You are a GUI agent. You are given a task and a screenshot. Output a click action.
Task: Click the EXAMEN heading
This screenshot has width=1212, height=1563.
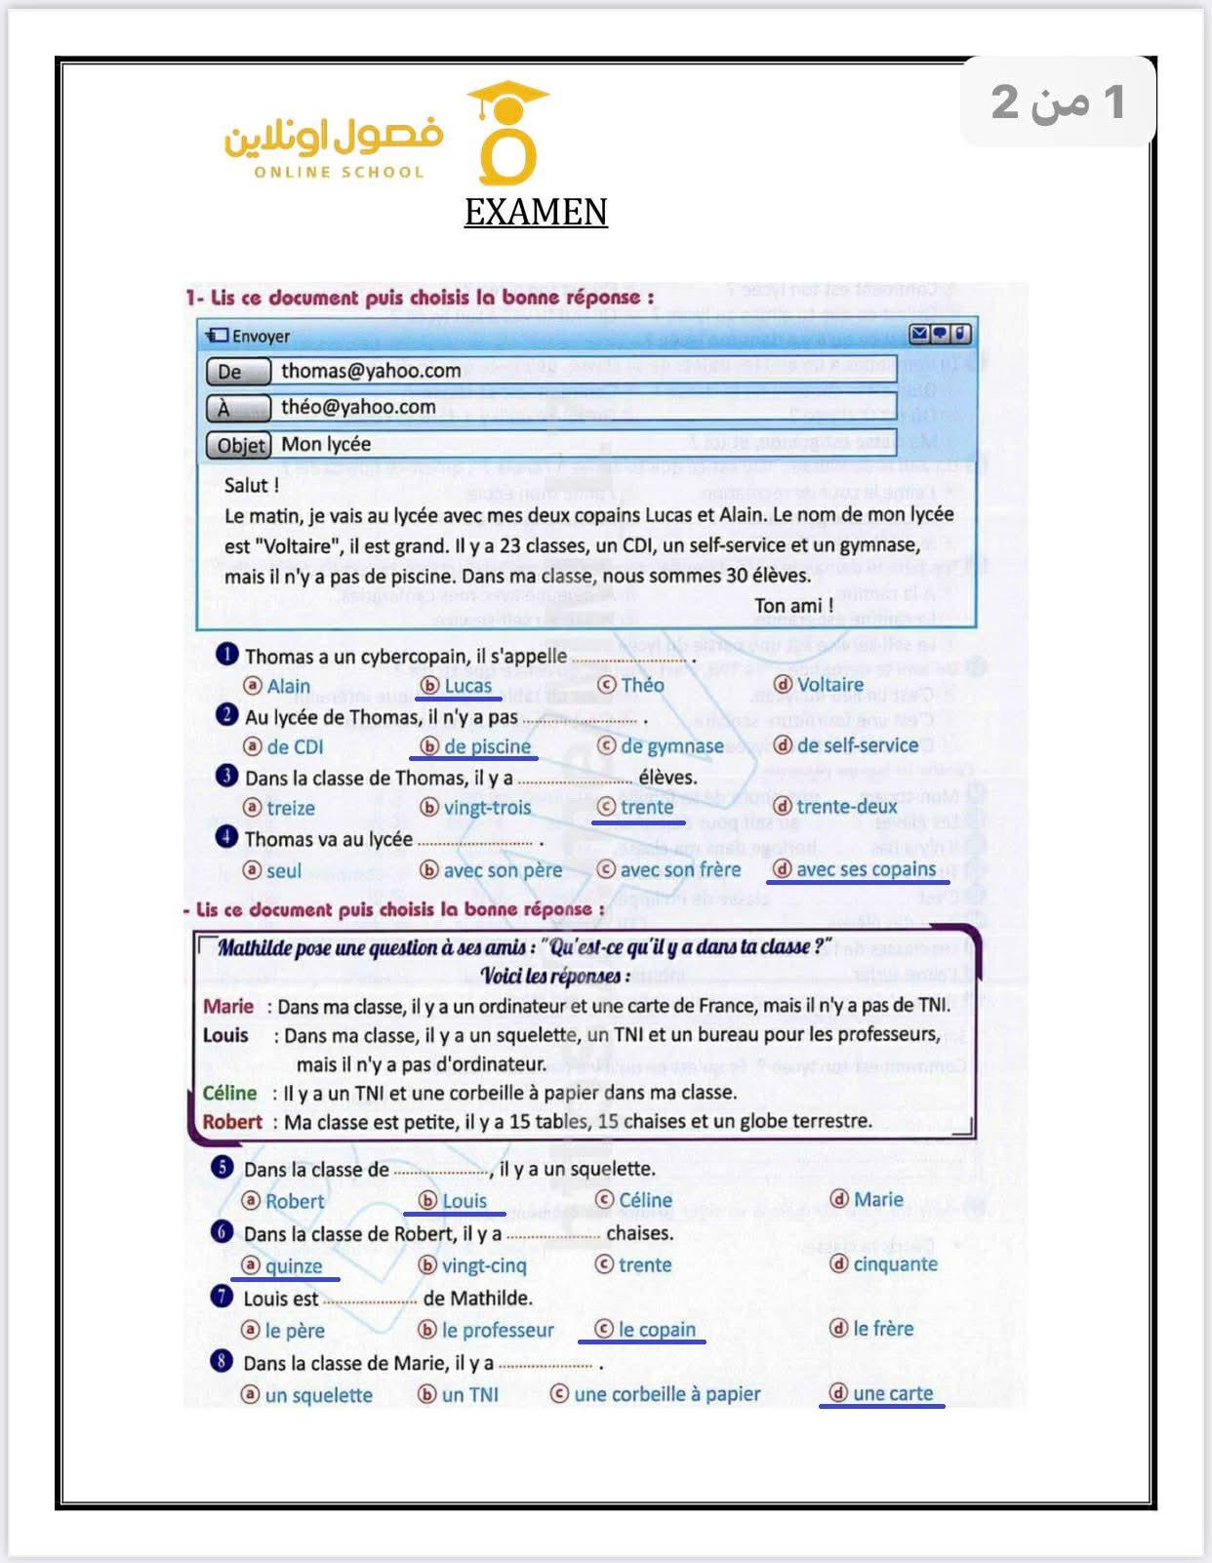(536, 212)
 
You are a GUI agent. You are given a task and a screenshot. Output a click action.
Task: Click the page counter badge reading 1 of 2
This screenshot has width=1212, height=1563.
(1058, 101)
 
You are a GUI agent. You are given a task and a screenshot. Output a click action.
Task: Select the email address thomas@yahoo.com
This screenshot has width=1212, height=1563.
(371, 371)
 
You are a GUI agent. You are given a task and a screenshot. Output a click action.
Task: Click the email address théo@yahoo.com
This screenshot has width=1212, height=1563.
(358, 407)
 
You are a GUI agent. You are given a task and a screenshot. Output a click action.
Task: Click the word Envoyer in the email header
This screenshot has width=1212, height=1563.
(260, 337)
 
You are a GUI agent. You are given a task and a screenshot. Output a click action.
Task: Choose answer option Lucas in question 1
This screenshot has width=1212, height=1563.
(467, 686)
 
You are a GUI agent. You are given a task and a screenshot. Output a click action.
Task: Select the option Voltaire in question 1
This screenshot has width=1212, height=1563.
(829, 685)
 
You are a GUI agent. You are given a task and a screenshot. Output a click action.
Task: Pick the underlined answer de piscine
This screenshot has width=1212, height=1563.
(487, 746)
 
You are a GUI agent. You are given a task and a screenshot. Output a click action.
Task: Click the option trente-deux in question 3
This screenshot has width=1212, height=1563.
(846, 807)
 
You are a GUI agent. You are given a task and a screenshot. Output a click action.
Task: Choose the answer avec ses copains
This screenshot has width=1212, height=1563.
(866, 869)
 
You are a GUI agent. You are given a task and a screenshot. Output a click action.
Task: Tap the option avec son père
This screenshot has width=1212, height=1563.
(503, 870)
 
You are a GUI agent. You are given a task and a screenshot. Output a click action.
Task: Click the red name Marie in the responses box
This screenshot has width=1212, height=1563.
(228, 1006)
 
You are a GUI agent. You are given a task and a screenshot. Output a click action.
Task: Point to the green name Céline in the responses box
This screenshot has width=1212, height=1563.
(229, 1093)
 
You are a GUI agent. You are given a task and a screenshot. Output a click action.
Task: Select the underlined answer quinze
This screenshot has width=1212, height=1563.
(293, 1265)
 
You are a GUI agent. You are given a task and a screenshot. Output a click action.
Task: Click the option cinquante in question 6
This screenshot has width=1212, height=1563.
(895, 1264)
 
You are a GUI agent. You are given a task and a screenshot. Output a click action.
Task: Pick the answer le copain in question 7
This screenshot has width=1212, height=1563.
(657, 1330)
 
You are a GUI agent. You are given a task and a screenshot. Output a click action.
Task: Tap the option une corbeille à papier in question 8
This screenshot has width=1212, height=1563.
(667, 1394)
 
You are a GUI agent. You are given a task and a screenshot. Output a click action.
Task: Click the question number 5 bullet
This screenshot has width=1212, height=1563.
(222, 1167)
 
